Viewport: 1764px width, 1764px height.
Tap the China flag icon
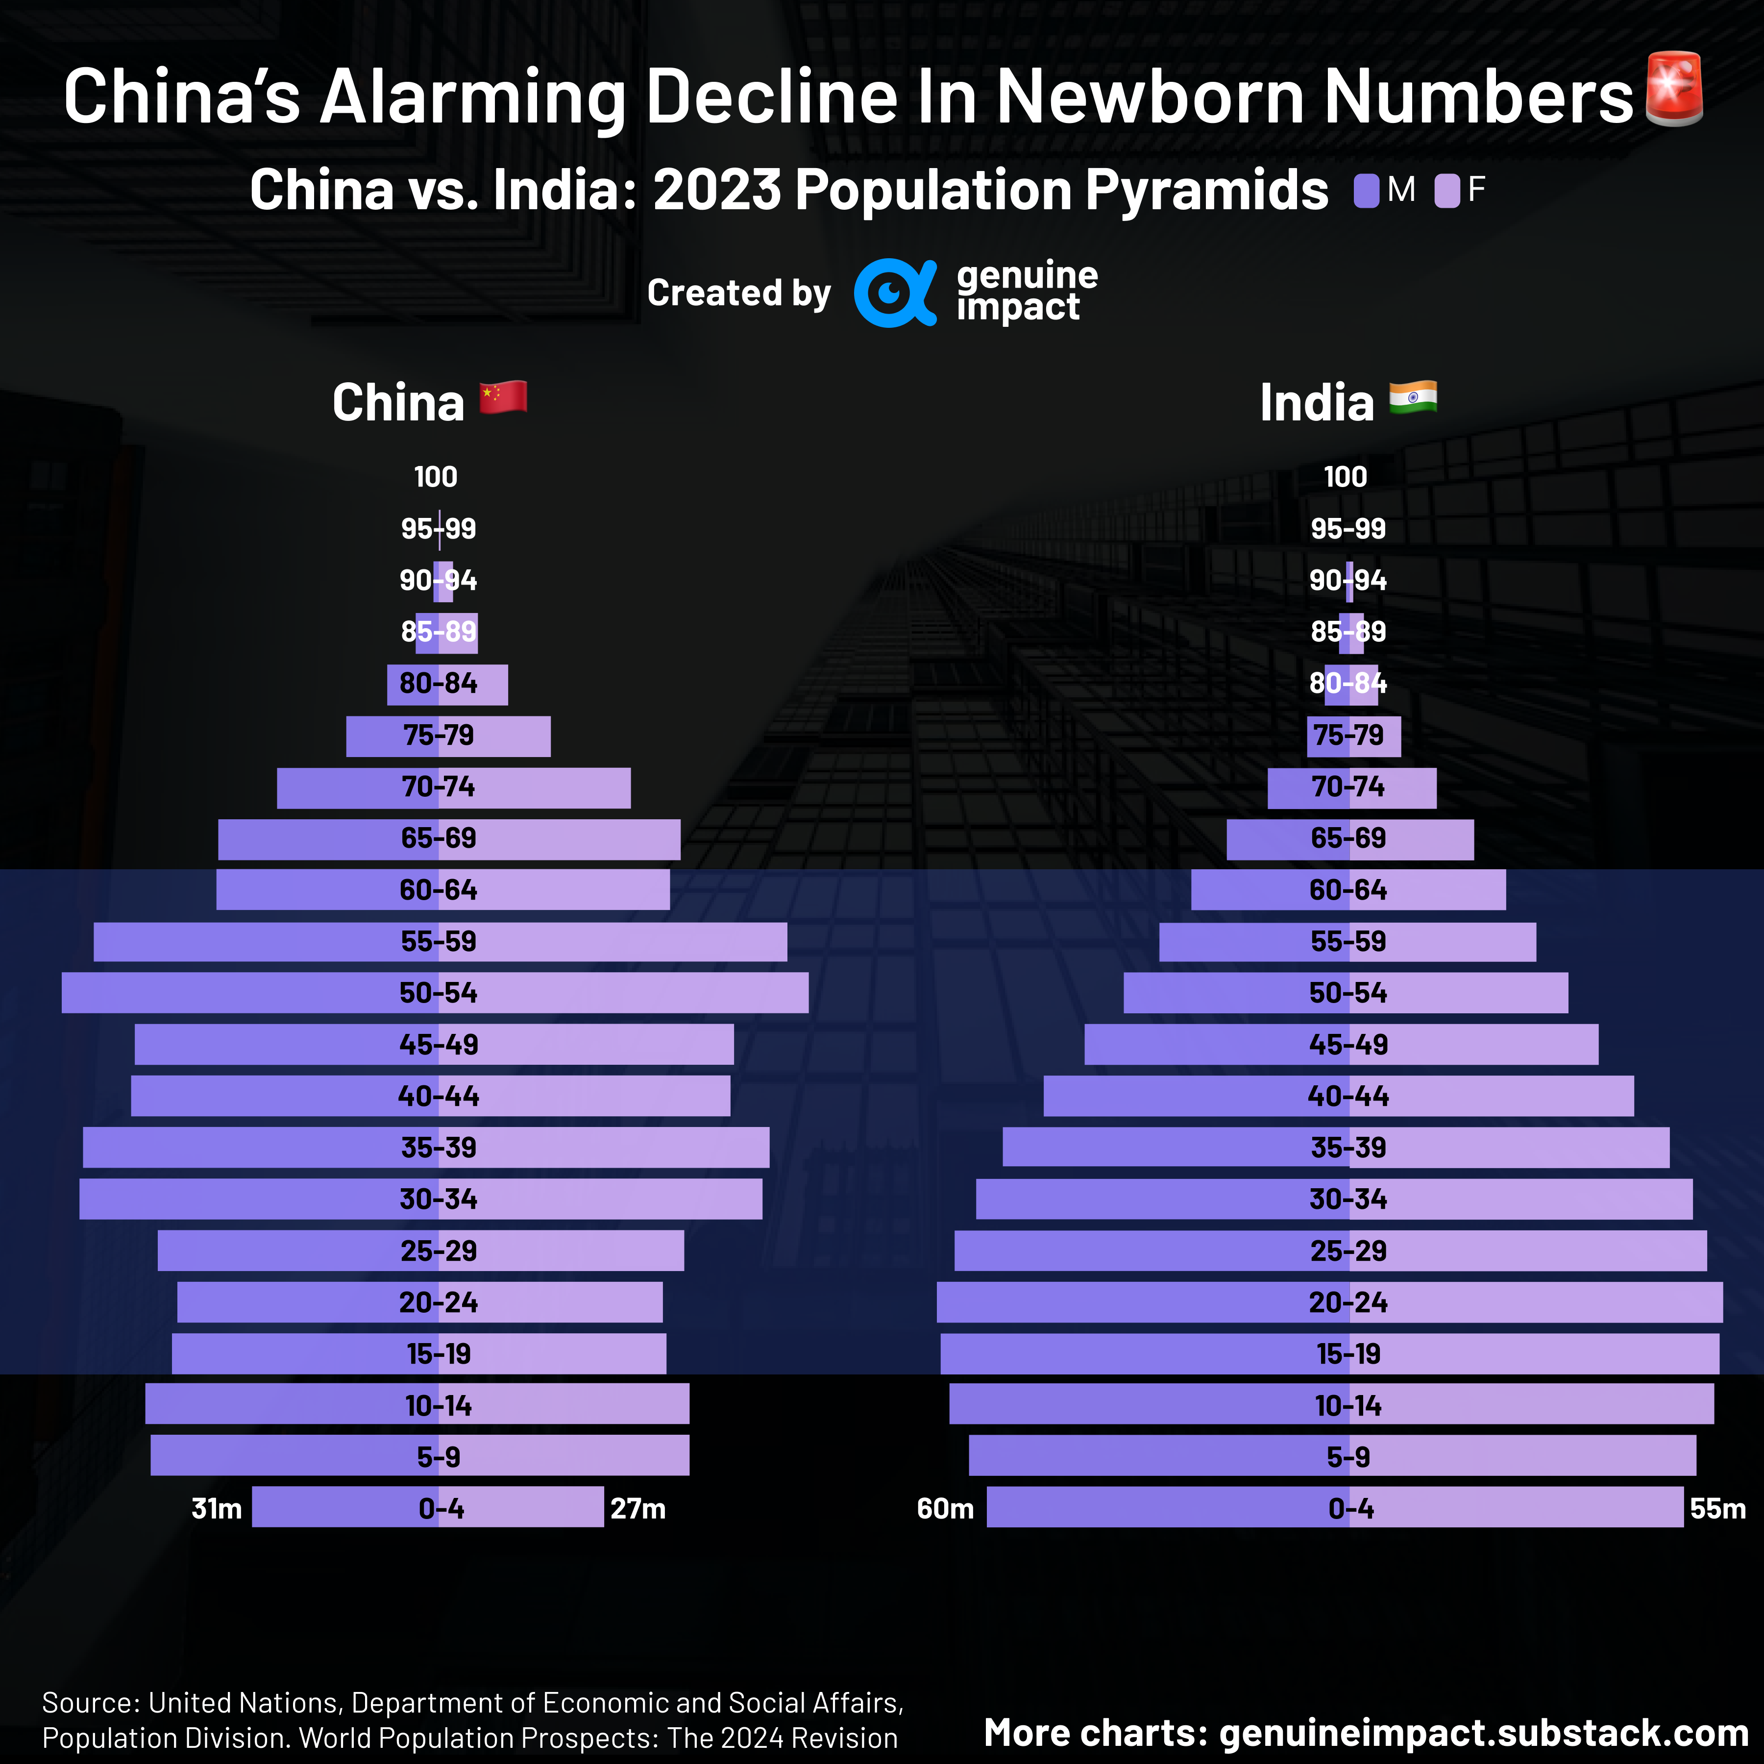click(x=503, y=397)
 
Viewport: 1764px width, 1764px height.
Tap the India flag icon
click(x=1413, y=397)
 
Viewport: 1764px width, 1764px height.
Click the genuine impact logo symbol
click(x=894, y=292)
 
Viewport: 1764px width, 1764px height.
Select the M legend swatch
click(x=1366, y=191)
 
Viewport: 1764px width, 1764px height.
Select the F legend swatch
click(x=1446, y=191)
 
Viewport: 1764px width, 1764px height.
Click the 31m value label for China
click(x=217, y=1508)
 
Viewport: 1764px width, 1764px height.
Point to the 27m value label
click(x=637, y=1508)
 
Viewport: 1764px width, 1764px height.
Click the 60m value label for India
click(x=945, y=1508)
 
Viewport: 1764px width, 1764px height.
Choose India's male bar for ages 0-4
click(x=1141, y=1507)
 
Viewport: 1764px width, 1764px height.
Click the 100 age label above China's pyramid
click(x=436, y=477)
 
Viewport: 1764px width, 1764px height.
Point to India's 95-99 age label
click(x=1347, y=529)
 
